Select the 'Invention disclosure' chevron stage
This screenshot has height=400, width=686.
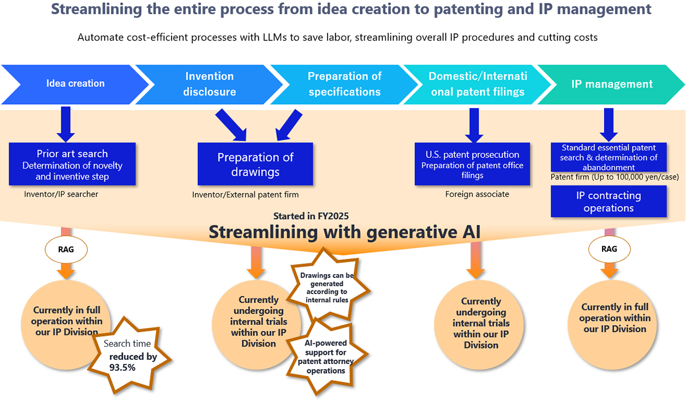pos(209,84)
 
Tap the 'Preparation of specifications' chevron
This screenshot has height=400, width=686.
pos(344,84)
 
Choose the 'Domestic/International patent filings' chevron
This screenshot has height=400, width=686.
pos(477,84)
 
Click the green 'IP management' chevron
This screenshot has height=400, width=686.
pos(612,84)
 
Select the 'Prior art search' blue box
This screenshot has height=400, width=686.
pos(72,165)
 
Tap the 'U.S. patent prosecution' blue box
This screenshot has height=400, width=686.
pos(472,164)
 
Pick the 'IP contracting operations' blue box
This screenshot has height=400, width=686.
pos(608,202)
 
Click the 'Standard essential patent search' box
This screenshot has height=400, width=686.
pos(609,157)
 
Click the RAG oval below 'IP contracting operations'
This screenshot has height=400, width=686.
pos(609,249)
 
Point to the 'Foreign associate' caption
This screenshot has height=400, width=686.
pos(477,195)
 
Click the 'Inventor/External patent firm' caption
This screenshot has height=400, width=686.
pos(245,195)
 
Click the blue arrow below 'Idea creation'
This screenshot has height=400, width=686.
pos(66,124)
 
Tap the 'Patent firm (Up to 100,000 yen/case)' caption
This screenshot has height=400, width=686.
pos(615,177)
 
